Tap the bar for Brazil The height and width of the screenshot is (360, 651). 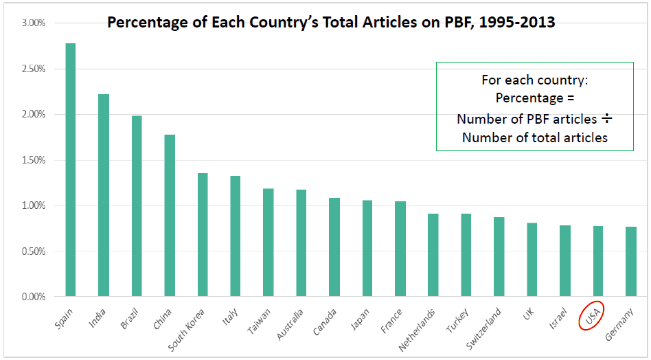pos(136,206)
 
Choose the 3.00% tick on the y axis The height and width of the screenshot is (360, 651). pos(33,23)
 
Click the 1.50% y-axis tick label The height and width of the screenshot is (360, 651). pos(33,160)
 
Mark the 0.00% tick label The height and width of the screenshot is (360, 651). pos(33,297)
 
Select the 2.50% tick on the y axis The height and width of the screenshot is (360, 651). pos(33,69)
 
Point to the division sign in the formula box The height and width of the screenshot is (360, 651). pos(606,119)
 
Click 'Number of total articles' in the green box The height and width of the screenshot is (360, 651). pos(535,137)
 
